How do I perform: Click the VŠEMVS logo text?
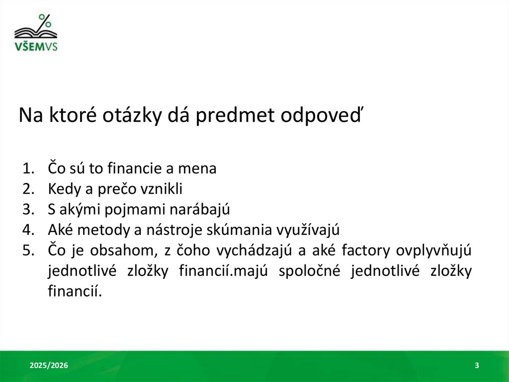[x=36, y=47]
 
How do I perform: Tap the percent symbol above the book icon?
[x=45, y=21]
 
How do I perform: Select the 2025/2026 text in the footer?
[x=49, y=366]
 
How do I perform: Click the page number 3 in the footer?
[x=477, y=366]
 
